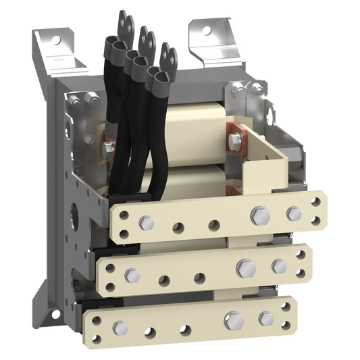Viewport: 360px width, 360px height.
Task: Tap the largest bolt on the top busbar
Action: [x=257, y=216]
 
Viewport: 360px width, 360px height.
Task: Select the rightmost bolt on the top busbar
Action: [x=294, y=213]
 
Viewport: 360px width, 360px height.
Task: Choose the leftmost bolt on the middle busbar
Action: [x=132, y=274]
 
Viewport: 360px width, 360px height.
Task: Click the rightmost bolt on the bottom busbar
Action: [x=265, y=317]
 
